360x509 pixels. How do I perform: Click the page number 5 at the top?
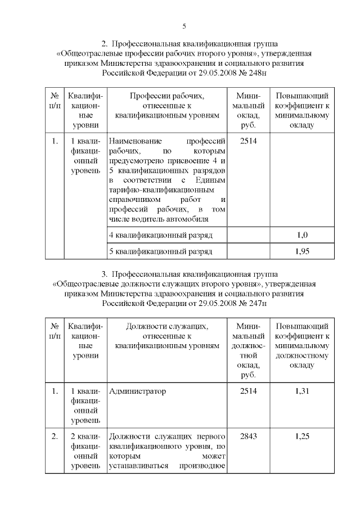(184, 26)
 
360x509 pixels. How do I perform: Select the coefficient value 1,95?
(302, 251)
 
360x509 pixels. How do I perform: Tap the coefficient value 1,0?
(302, 235)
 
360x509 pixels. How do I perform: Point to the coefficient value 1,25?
(302, 436)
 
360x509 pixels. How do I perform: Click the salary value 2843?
(248, 436)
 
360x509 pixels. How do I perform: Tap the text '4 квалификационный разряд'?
(160, 235)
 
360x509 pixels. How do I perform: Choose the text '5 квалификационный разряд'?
(160, 251)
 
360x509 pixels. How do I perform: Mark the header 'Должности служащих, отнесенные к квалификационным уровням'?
(166, 336)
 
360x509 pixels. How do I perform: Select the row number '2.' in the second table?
(55, 436)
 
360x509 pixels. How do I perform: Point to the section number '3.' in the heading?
(104, 274)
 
